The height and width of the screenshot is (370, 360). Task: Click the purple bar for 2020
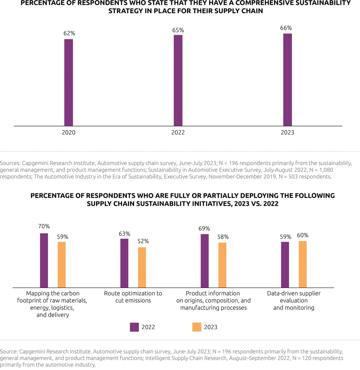(69, 82)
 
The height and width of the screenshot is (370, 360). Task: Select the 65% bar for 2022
(178, 80)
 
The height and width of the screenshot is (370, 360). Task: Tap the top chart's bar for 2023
(288, 80)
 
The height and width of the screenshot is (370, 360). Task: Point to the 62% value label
(69, 34)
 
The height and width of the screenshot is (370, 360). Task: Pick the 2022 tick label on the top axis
(178, 133)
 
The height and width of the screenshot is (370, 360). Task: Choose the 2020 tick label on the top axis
(68, 133)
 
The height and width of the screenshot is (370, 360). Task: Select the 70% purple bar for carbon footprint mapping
(44, 260)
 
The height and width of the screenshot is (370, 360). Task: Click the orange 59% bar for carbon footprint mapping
(62, 265)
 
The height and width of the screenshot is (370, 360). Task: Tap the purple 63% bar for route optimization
(124, 263)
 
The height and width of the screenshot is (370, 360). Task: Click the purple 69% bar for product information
(204, 261)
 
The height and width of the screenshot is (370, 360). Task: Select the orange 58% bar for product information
(222, 265)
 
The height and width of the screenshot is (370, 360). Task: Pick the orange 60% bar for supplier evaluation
(303, 264)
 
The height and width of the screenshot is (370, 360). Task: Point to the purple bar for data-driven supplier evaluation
(285, 265)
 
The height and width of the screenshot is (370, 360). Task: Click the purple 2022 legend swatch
(134, 327)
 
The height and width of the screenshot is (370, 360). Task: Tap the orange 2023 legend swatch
(196, 327)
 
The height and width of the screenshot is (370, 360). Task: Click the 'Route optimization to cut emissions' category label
(133, 297)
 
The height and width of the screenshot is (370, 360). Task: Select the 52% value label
(143, 241)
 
